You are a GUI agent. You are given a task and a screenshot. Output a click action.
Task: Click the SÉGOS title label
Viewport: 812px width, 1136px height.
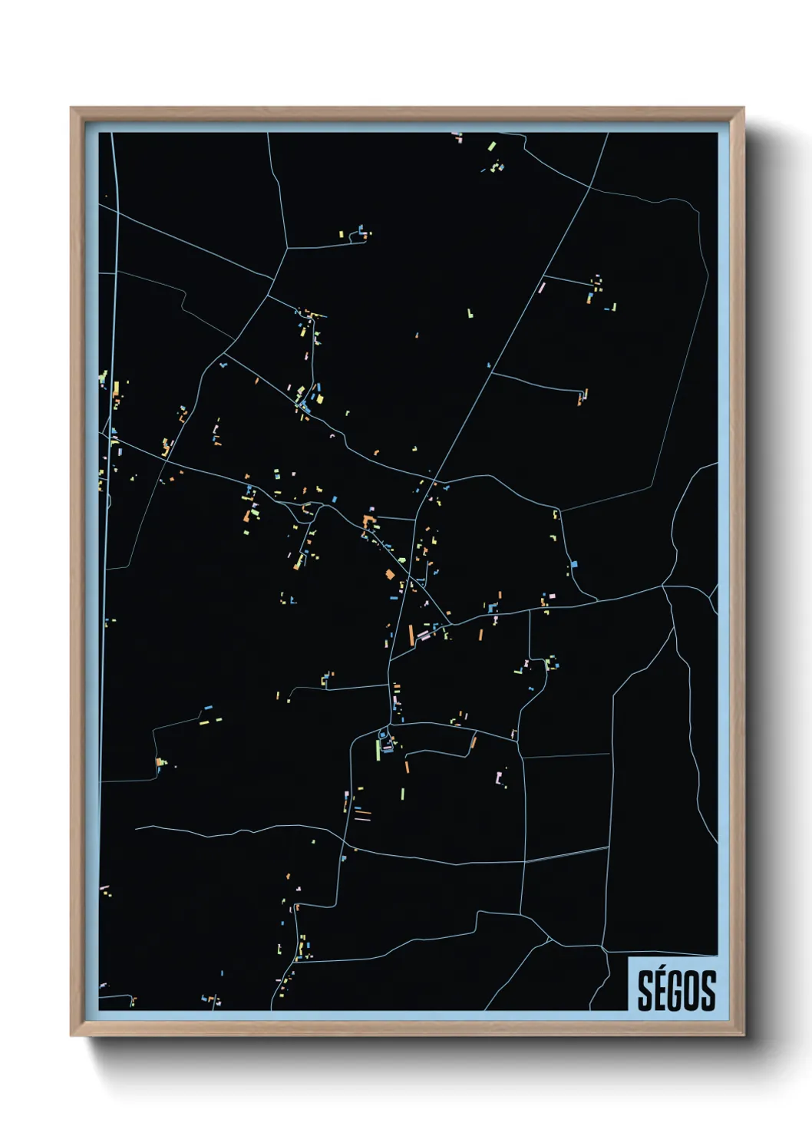click(x=676, y=990)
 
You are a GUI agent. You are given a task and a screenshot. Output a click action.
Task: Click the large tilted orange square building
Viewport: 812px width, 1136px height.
click(x=389, y=574)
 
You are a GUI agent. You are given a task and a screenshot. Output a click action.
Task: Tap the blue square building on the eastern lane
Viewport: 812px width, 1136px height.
click(x=574, y=565)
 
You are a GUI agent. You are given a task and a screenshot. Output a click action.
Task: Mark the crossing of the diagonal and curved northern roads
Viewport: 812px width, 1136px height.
click(x=589, y=187)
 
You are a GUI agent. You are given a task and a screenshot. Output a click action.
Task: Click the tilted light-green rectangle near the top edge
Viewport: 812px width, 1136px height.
click(x=491, y=145)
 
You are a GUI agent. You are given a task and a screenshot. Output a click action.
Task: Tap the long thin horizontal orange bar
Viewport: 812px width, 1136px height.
click(x=362, y=811)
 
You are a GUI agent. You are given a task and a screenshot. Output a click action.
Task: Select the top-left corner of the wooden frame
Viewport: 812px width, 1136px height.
click(x=71, y=108)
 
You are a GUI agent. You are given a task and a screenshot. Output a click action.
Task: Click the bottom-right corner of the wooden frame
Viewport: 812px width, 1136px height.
click(x=743, y=1035)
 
